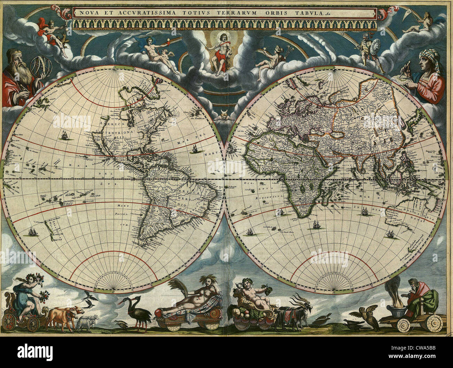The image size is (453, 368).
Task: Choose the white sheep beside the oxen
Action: (85, 322)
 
